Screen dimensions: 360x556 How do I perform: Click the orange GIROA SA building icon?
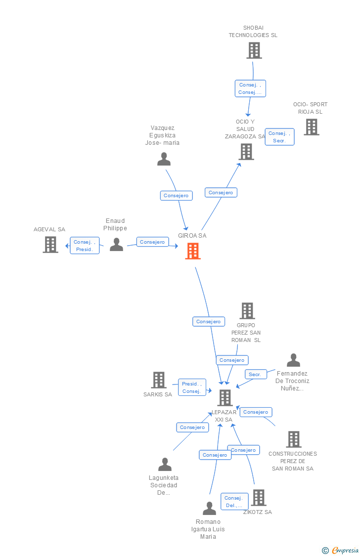(193, 251)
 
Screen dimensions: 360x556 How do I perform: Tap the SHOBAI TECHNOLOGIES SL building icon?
(254, 50)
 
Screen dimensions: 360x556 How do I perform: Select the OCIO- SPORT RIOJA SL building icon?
(312, 127)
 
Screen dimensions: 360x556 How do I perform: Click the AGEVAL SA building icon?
(50, 244)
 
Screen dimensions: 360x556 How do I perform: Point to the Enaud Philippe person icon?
(116, 245)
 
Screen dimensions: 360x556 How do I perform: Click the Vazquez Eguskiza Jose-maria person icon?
(164, 159)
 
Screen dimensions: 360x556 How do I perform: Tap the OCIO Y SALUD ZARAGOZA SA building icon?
(246, 152)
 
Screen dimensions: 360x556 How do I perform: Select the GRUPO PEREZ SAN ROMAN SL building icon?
(247, 311)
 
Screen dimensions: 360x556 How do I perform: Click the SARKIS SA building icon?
(159, 380)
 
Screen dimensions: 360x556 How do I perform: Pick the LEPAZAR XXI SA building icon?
(225, 398)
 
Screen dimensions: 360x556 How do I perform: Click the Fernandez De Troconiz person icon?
(293, 360)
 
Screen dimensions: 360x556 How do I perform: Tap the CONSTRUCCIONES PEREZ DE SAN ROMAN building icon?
(294, 439)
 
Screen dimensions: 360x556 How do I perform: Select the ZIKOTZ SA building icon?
(258, 498)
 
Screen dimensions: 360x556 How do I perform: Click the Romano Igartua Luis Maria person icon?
(209, 508)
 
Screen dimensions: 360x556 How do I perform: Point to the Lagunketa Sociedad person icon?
(165, 464)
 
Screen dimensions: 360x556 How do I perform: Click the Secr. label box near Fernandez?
(256, 374)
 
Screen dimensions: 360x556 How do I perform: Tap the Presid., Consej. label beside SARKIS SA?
(192, 387)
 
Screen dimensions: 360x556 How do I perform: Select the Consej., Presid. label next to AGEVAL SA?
(85, 245)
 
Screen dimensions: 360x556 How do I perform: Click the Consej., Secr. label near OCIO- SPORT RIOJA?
(279, 137)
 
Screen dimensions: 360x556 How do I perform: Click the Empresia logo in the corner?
(340, 551)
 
